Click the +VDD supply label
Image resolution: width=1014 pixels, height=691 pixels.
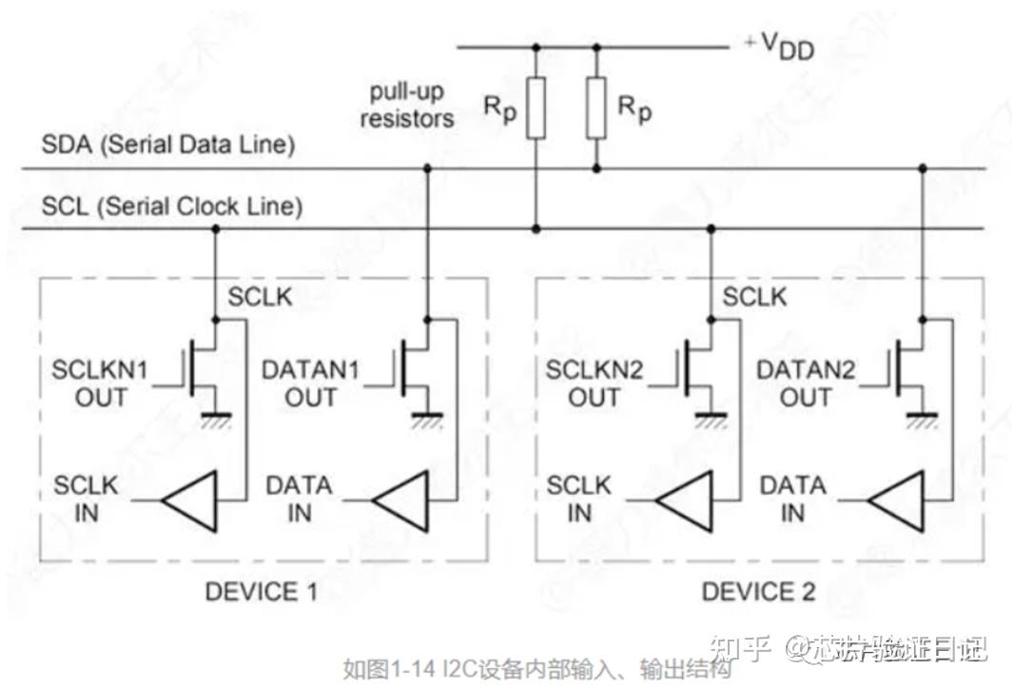pos(780,46)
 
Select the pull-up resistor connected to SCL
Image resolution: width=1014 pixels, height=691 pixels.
pos(536,109)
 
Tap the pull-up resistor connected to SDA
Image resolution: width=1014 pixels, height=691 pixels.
pos(596,108)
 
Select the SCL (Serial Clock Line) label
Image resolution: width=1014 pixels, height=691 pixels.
pos(172,206)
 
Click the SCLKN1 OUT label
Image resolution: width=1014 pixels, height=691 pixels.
pos(100,384)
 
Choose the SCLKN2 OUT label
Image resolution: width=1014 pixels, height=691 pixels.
pos(595,384)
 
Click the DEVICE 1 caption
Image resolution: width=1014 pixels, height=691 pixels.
pos(262,592)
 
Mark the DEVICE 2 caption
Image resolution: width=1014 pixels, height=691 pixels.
pos(758,592)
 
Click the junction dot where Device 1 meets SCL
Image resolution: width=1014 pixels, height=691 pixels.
pos(215,228)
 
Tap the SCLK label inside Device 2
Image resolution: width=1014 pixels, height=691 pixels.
pos(754,297)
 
